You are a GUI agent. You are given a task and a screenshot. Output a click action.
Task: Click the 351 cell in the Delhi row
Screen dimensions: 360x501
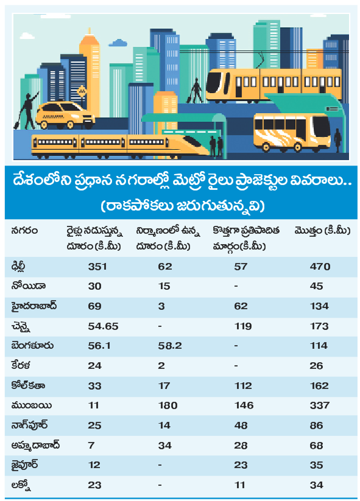point(97,267)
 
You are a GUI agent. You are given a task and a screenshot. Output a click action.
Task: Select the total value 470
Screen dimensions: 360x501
point(320,267)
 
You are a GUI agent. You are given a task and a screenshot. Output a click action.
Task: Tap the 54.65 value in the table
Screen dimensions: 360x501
point(103,326)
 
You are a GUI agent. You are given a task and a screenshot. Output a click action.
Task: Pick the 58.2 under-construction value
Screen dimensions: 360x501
point(170,346)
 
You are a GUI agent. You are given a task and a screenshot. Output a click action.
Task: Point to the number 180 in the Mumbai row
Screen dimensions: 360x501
point(168,405)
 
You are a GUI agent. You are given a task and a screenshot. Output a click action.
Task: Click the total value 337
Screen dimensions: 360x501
point(319,405)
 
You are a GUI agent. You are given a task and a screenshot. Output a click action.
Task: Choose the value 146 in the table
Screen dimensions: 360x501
point(244,405)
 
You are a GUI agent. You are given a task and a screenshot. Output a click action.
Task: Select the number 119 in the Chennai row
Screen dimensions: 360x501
point(243,326)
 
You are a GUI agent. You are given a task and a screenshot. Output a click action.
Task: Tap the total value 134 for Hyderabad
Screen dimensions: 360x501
point(319,306)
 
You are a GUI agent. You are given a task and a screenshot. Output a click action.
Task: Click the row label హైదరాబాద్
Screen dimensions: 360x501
point(34,306)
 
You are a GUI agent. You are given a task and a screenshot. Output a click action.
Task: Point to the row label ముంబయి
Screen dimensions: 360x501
point(31,406)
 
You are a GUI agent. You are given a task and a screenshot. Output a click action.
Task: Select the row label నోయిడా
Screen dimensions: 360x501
point(28,286)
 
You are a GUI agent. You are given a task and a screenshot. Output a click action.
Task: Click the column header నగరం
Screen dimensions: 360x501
point(24,231)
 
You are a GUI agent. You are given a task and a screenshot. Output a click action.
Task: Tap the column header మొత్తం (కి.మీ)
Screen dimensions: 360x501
point(322,231)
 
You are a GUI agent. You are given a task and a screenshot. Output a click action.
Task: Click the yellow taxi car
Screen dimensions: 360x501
point(65,115)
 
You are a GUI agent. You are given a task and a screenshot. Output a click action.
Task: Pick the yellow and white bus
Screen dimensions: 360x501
point(292,132)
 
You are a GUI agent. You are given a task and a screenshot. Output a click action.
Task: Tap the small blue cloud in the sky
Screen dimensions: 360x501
point(118,43)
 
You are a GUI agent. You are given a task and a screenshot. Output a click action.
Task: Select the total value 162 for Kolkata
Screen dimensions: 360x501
point(319,386)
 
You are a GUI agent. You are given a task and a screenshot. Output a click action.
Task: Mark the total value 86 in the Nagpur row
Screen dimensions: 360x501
point(316,426)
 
